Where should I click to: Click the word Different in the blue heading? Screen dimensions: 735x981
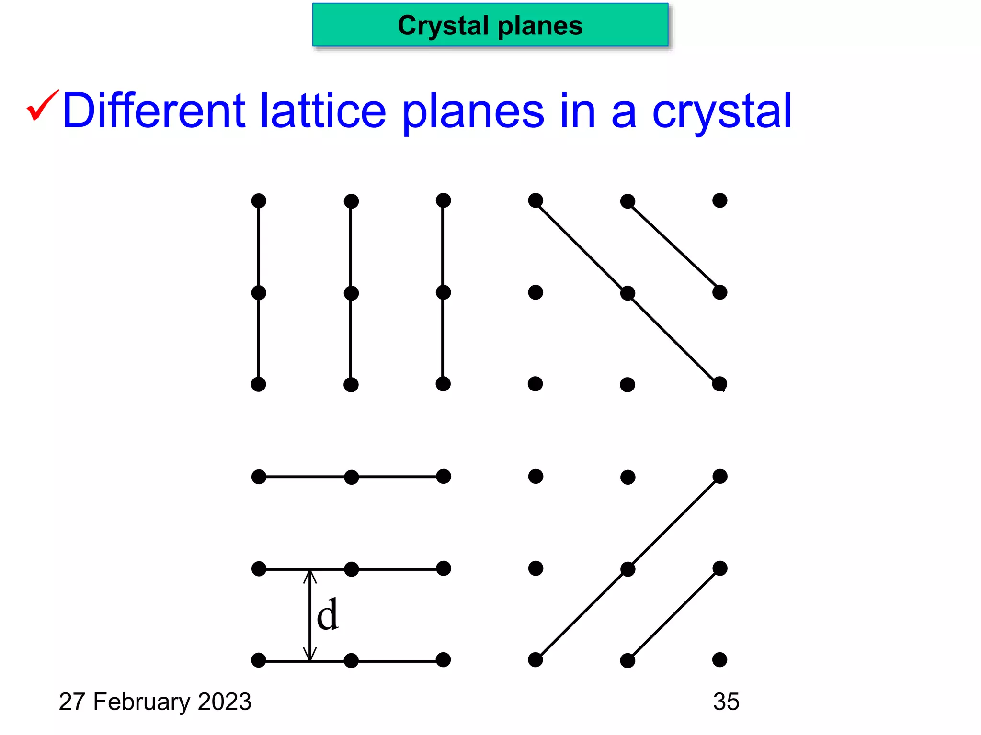pyautogui.click(x=154, y=111)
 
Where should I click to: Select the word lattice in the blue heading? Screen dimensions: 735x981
pyautogui.click(x=323, y=111)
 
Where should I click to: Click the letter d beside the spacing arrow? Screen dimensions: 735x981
pyautogui.click(x=328, y=615)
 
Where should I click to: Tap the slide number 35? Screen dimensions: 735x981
pyautogui.click(x=726, y=702)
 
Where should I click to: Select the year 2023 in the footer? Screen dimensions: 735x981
pyautogui.click(x=224, y=702)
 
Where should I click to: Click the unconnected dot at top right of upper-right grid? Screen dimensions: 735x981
pyautogui.click(x=719, y=200)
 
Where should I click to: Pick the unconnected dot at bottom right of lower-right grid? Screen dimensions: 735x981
pyautogui.click(x=719, y=660)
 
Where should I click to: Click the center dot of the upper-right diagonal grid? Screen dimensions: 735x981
pyautogui.click(x=627, y=293)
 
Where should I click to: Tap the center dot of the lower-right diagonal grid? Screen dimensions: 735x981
pyautogui.click(x=627, y=569)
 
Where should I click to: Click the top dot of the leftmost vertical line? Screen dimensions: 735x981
pyautogui.click(x=259, y=201)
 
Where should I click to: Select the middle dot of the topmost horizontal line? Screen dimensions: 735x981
pyautogui.click(x=351, y=477)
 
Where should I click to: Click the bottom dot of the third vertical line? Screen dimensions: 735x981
pyautogui.click(x=443, y=384)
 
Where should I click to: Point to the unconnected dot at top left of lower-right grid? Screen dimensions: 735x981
pyautogui.click(x=536, y=477)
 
